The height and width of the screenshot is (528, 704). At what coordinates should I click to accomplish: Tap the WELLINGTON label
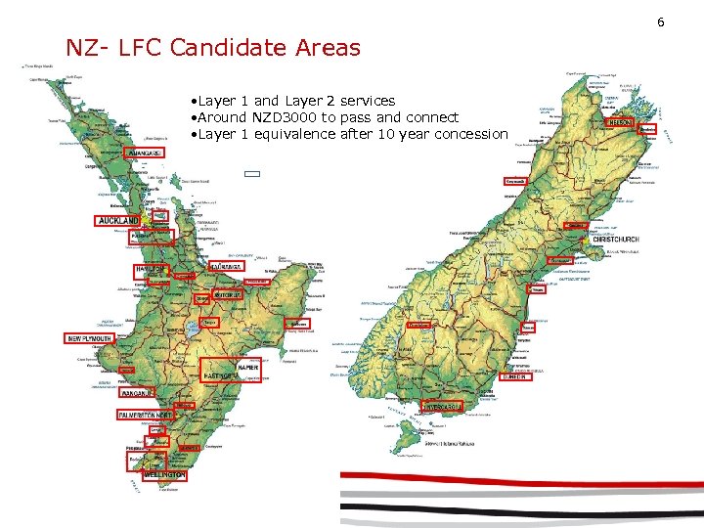pos(164,475)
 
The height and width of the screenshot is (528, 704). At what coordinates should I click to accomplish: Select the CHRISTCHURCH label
pos(616,240)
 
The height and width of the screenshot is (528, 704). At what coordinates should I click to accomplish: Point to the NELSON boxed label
pos(621,122)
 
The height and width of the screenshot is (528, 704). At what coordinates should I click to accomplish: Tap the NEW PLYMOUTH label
pos(90,338)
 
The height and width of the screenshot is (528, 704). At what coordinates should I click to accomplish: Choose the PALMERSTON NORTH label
pos(145,416)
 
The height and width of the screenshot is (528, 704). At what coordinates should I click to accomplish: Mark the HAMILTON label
pos(151,269)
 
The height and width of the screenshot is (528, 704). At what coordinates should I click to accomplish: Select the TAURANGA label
pos(226,266)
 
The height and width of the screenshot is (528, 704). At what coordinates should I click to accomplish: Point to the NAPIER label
pos(246,367)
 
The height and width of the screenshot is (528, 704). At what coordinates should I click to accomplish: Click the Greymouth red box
pos(515,182)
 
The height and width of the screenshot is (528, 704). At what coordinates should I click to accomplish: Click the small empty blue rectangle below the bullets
pos(252,174)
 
